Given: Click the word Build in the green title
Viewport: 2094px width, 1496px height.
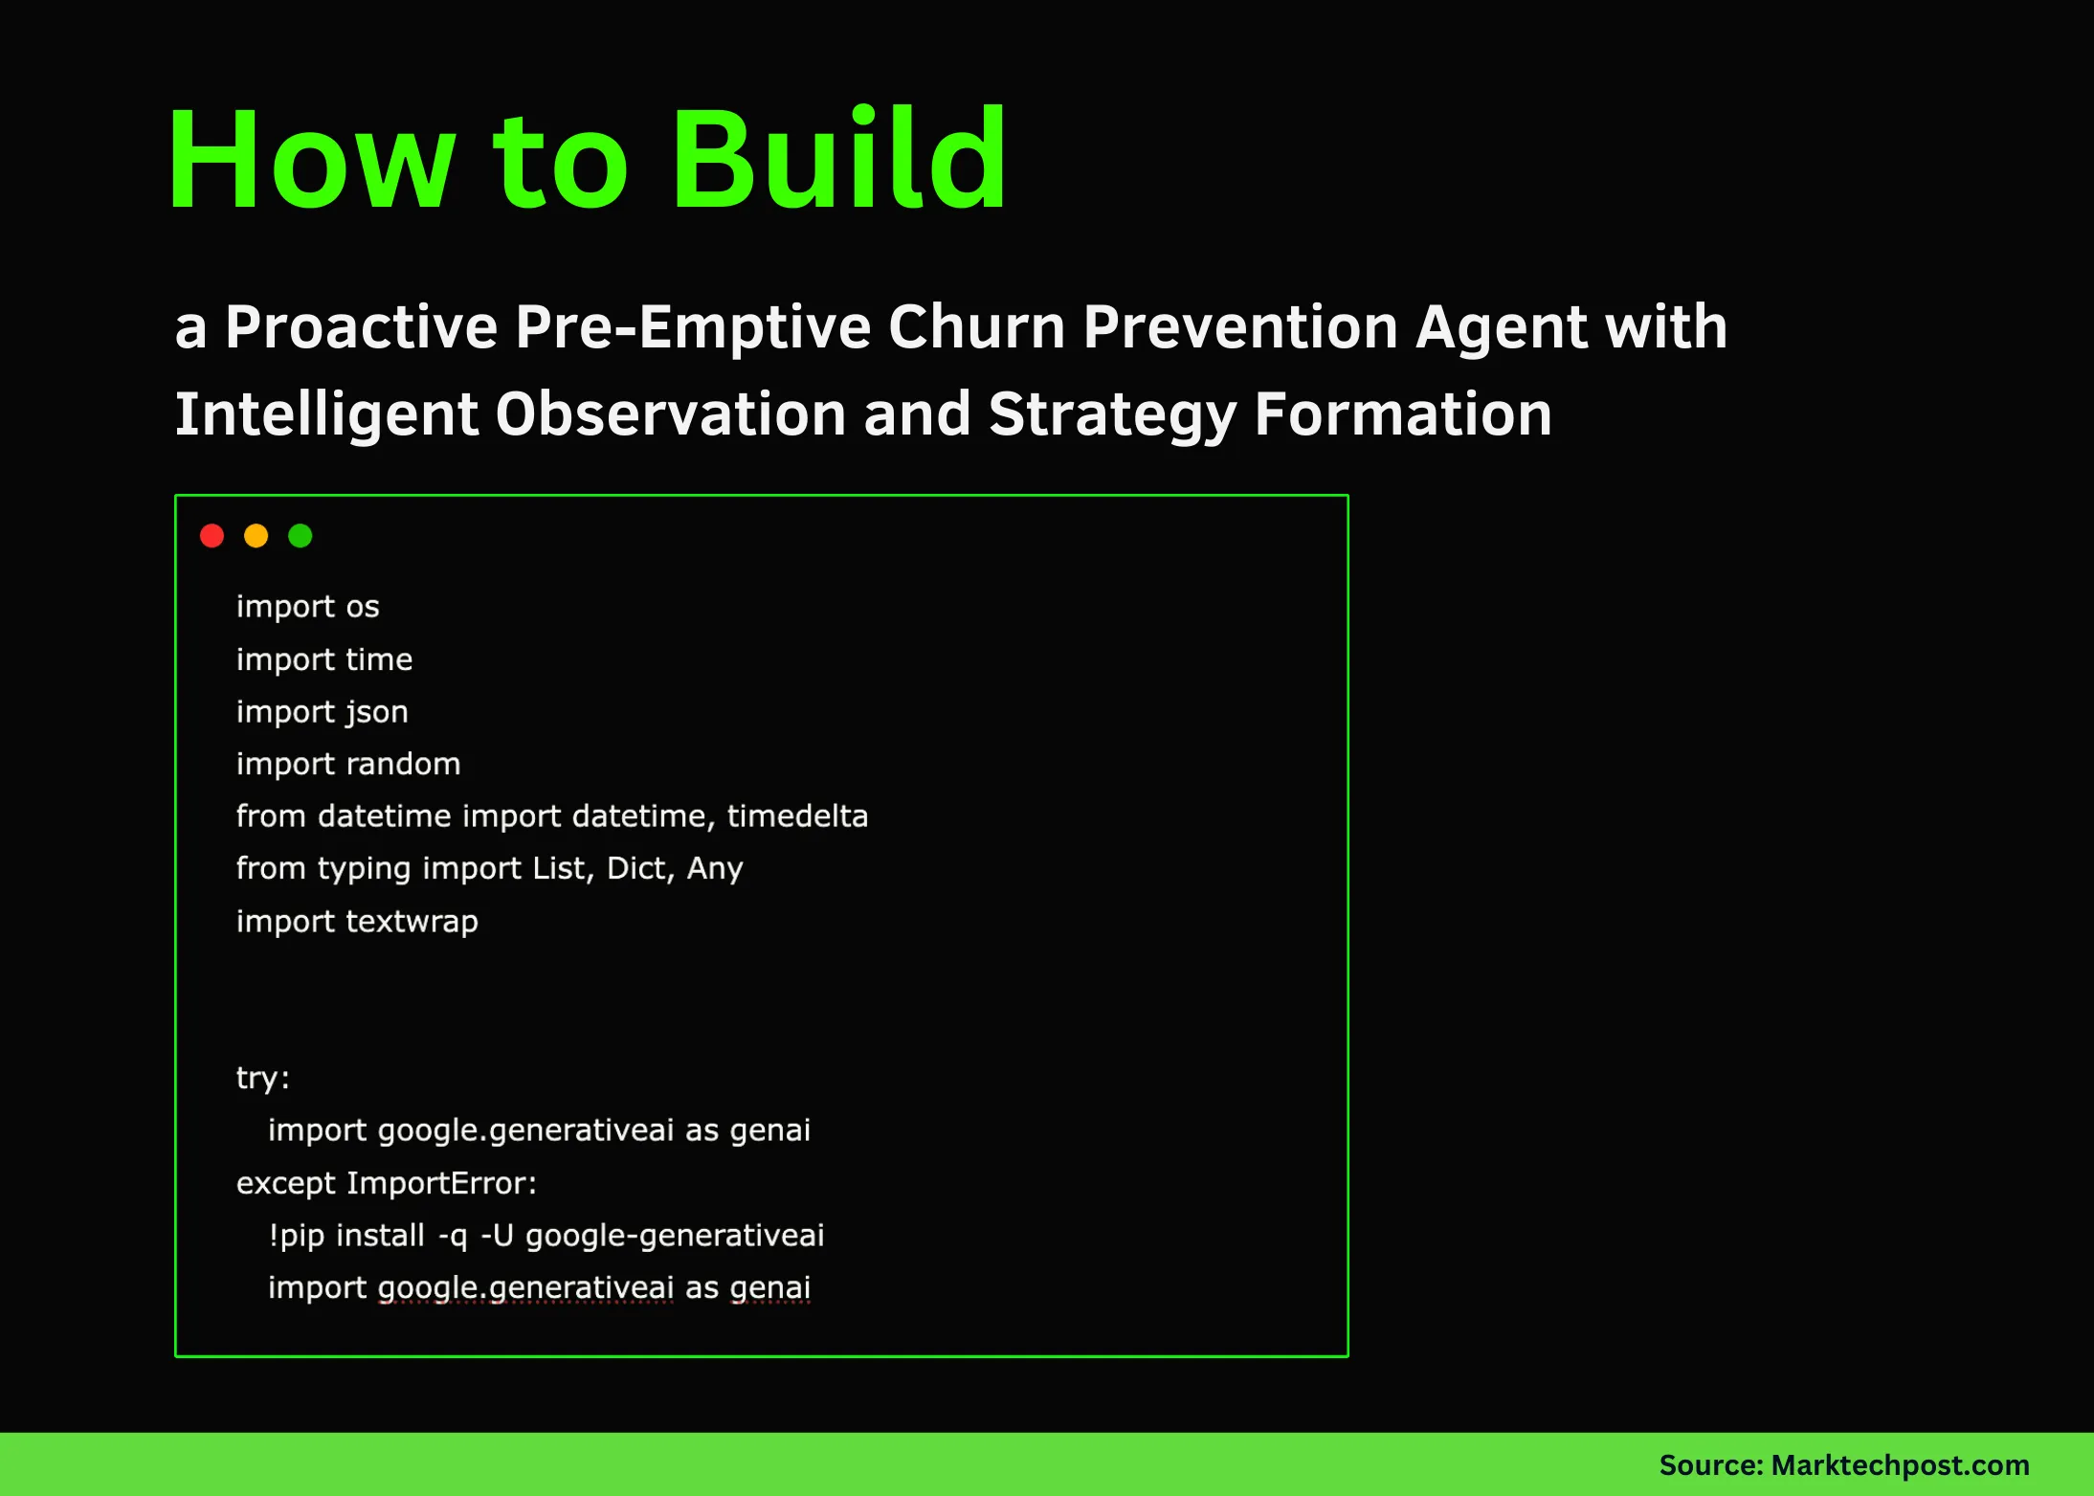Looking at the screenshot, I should click(838, 160).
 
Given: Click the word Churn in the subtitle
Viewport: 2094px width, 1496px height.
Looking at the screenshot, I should click(976, 327).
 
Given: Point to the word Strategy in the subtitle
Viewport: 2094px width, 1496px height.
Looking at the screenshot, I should click(1112, 414).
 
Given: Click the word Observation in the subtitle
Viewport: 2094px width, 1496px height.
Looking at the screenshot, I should click(670, 414).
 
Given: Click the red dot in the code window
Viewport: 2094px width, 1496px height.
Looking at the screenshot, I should click(212, 536).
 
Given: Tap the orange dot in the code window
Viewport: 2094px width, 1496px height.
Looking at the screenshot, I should click(256, 536).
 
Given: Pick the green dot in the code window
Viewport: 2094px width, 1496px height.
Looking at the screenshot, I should click(301, 536).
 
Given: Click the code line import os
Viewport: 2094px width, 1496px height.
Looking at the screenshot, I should click(307, 607).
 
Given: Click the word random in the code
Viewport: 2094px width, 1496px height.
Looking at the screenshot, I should click(403, 764).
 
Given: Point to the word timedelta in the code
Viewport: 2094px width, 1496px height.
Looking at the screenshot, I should click(797, 816).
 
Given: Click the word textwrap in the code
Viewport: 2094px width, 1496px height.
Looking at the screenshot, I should click(412, 921).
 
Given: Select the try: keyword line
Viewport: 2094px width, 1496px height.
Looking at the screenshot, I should click(262, 1078).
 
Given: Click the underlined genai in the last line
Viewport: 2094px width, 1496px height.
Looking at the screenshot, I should click(770, 1287).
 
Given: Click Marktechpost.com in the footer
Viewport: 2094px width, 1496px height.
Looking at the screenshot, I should click(1900, 1465).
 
